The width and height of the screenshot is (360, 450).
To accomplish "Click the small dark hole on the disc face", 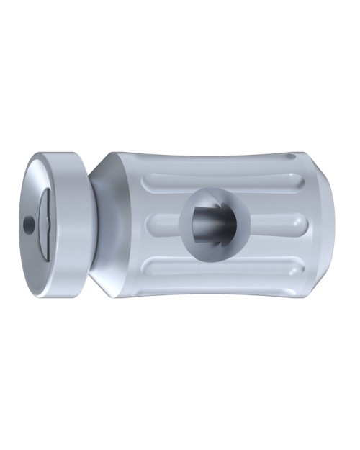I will pyautogui.click(x=28, y=225).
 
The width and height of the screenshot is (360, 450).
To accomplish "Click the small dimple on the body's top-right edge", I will pyautogui.click(x=291, y=156).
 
